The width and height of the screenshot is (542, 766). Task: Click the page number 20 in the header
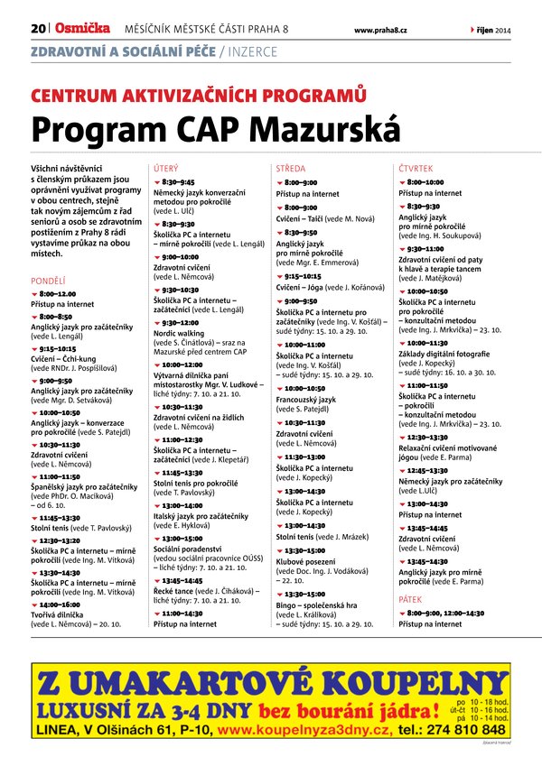[x=38, y=30]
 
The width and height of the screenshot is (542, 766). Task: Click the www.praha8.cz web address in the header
[x=380, y=31]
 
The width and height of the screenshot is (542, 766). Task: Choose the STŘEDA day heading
[x=290, y=169]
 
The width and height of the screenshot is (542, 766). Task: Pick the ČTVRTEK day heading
[x=416, y=169]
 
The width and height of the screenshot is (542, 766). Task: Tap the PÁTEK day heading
[x=411, y=597]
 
